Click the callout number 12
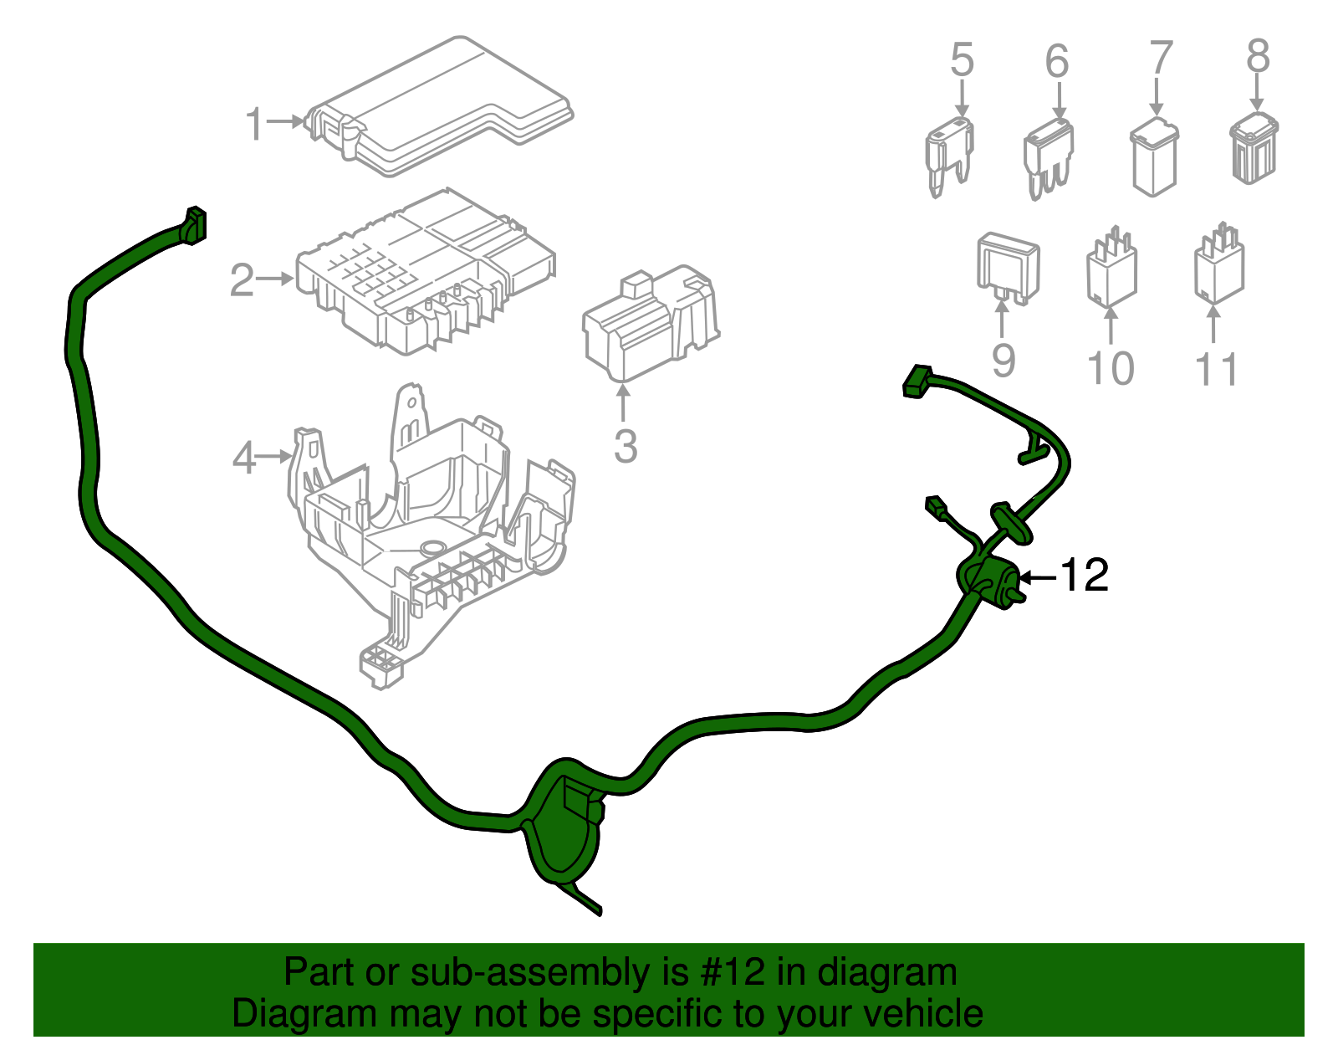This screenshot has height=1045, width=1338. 1085,576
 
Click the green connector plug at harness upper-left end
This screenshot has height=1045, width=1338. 194,226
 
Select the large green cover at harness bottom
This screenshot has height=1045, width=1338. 564,824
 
